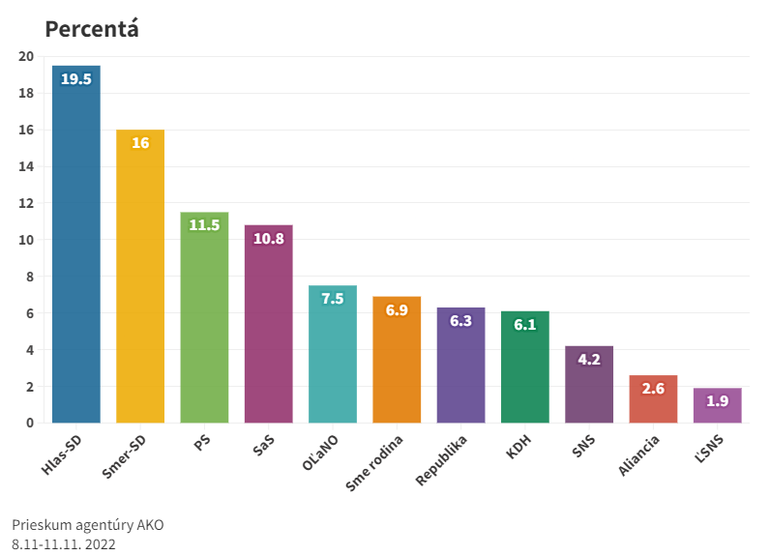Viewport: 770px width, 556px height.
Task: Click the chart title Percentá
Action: coord(92,28)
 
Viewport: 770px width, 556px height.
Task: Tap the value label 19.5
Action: coord(76,79)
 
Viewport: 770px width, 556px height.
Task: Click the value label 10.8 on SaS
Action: coord(268,239)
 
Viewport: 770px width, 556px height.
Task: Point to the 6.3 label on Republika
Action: coord(460,321)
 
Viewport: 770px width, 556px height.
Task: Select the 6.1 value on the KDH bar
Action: coord(524,325)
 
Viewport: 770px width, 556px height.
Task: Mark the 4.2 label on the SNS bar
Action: coord(589,360)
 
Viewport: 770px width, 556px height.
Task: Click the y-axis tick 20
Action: coord(26,56)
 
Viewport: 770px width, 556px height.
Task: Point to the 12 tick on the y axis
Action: coord(26,203)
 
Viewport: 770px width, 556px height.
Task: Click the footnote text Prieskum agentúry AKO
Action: coord(88,525)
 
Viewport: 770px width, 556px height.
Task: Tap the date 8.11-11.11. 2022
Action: coord(64,544)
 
